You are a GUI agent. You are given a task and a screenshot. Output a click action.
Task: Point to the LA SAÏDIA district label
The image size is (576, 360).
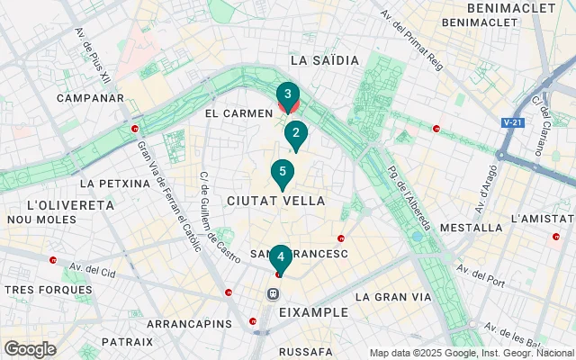click(325, 60)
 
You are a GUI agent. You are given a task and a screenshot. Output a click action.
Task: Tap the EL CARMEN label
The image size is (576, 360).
click(238, 113)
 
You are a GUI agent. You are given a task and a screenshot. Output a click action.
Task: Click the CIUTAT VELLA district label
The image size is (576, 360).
click(276, 200)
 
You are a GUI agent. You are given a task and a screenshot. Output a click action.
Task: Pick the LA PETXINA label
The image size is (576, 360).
click(114, 184)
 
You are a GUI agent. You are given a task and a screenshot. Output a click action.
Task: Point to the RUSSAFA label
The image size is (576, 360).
click(307, 351)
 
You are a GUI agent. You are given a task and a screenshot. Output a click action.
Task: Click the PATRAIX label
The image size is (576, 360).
click(127, 342)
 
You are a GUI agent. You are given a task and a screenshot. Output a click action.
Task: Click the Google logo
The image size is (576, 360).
click(30, 349)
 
